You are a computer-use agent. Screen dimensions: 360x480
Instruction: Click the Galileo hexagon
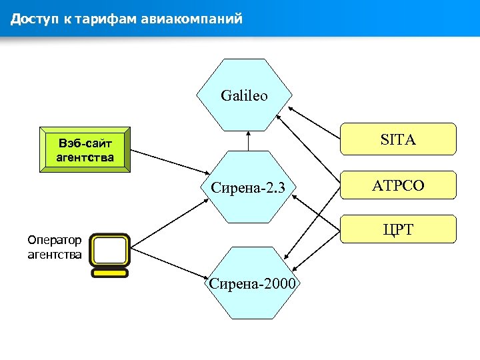pyautogui.click(x=244, y=95)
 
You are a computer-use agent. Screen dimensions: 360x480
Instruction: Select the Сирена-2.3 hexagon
pyautogui.click(x=247, y=187)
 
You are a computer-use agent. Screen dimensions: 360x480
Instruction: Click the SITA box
pyautogui.click(x=398, y=139)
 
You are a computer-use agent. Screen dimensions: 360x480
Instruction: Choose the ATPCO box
pyautogui.click(x=398, y=186)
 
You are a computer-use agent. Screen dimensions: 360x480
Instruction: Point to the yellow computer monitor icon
pyautogui.click(x=110, y=252)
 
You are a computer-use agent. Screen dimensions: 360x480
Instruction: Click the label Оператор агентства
pyautogui.click(x=55, y=247)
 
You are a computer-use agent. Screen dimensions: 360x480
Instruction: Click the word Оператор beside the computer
pyautogui.click(x=55, y=240)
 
